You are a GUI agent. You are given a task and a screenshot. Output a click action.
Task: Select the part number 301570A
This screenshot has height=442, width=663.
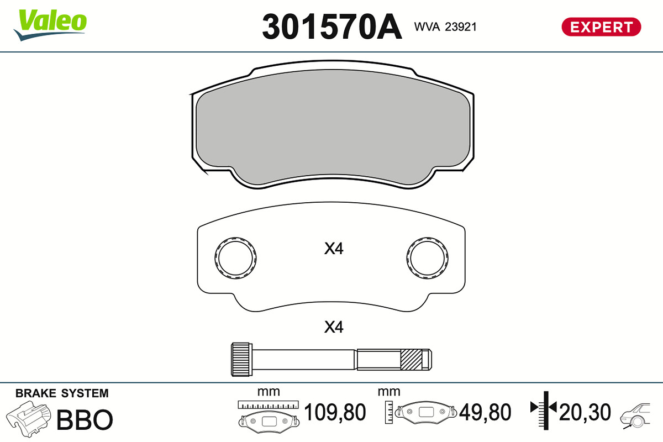[x=331, y=27]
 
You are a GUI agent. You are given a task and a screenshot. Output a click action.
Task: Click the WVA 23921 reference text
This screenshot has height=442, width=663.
[x=445, y=27]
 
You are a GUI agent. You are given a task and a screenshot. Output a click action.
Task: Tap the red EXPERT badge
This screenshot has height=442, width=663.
[x=601, y=27]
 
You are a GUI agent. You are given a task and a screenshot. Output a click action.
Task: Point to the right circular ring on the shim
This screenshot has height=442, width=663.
[x=428, y=258]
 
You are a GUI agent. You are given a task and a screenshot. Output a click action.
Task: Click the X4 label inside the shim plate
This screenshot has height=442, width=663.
[x=334, y=249]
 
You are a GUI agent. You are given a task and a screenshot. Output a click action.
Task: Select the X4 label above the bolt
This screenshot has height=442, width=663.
[x=334, y=328]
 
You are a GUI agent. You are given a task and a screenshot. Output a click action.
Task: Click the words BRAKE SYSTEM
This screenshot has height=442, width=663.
[x=62, y=393]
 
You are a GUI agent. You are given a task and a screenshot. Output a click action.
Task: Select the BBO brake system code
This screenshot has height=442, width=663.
[x=85, y=420]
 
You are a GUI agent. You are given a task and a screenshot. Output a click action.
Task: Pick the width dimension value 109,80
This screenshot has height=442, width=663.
[x=335, y=412]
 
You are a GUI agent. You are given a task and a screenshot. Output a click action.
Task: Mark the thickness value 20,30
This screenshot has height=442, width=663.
[x=585, y=412]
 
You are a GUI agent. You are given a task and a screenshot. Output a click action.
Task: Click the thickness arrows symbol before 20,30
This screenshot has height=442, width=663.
[x=544, y=408]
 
